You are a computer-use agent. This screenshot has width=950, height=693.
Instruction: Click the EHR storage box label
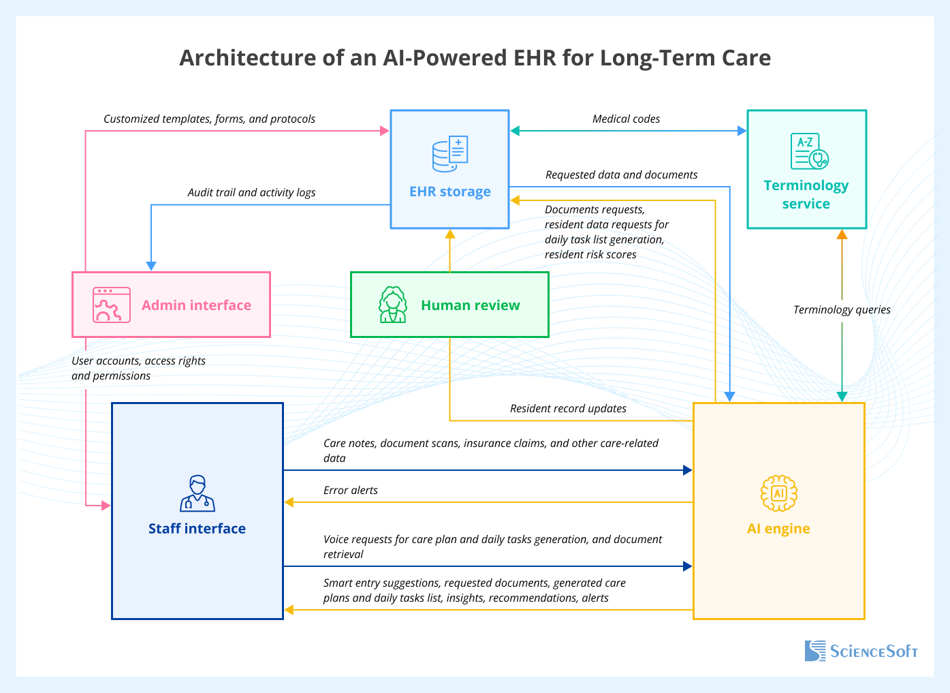449,191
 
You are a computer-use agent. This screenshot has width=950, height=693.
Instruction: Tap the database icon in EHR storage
450,155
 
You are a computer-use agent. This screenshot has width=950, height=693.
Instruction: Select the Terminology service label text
806,194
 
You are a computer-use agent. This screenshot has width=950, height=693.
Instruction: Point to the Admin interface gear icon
112,305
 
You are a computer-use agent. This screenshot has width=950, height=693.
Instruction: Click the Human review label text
470,305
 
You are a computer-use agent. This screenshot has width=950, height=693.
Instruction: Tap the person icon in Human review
393,305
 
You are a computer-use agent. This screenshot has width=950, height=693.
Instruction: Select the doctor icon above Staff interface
197,493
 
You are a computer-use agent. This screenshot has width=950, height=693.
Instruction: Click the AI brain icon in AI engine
778,493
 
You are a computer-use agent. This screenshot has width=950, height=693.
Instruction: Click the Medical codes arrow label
626,119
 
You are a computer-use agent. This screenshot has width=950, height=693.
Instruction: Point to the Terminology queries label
842,309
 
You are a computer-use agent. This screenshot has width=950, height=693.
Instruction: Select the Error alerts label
350,490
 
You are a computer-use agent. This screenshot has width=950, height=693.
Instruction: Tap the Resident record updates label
568,408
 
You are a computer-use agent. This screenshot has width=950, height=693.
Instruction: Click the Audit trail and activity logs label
251,192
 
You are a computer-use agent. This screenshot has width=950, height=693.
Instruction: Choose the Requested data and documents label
621,174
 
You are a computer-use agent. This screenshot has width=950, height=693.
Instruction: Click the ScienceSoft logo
861,651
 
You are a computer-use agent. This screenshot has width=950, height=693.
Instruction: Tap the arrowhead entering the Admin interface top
151,266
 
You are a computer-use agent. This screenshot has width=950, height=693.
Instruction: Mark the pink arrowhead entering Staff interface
106,506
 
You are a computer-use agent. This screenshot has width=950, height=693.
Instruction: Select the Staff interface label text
197,529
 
